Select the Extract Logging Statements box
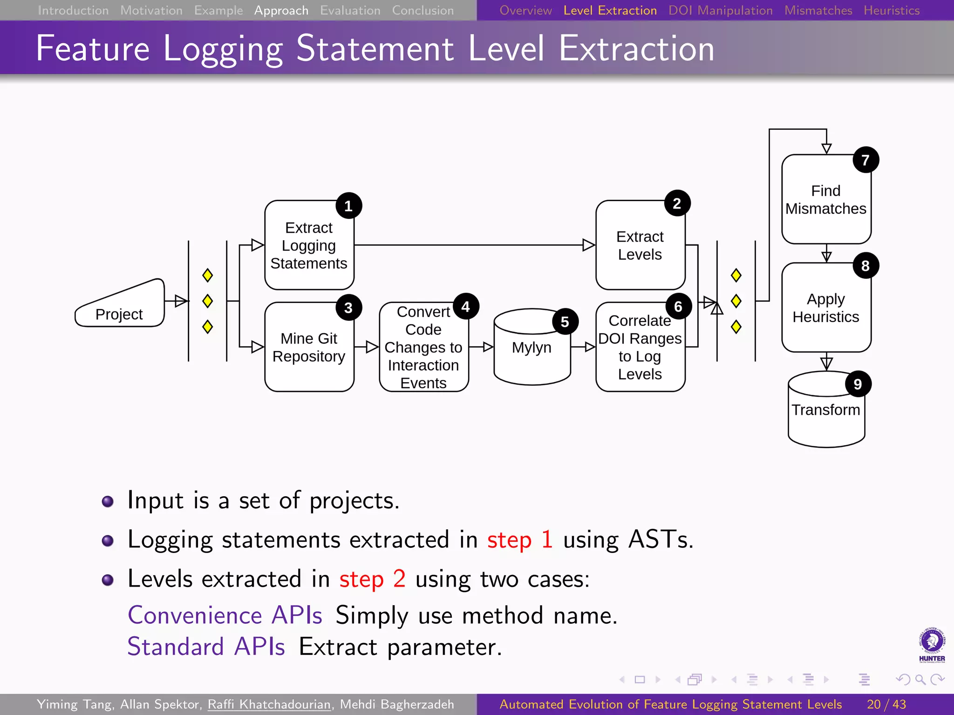pyautogui.click(x=309, y=246)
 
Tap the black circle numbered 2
pyautogui.click(x=677, y=203)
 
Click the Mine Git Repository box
pyautogui.click(x=309, y=347)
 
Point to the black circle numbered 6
pyautogui.click(x=678, y=306)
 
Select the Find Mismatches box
pyautogui.click(x=826, y=200)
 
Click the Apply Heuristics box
pyautogui.click(x=826, y=308)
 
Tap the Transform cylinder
pyautogui.click(x=826, y=410)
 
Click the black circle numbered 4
pyautogui.click(x=465, y=306)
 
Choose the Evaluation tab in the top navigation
pyautogui.click(x=350, y=10)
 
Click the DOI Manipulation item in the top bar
pyautogui.click(x=720, y=10)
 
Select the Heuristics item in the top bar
pyautogui.click(x=891, y=10)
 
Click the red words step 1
pyautogui.click(x=519, y=540)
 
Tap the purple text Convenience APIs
pyautogui.click(x=225, y=615)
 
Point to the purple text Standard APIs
pyautogui.click(x=206, y=647)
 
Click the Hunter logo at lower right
pyautogui.click(x=932, y=645)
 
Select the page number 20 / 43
pyautogui.click(x=886, y=704)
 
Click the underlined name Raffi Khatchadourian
pyautogui.click(x=269, y=704)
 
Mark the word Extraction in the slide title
pyautogui.click(x=636, y=48)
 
